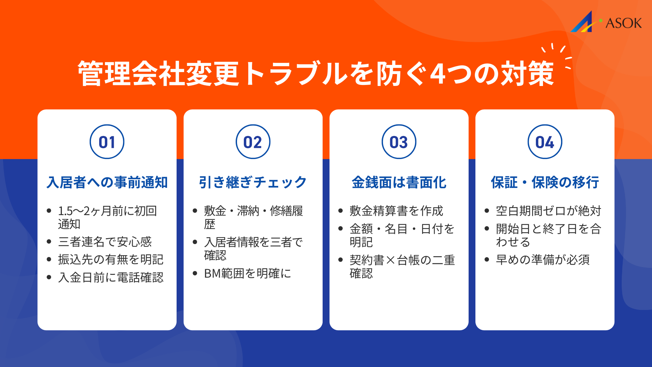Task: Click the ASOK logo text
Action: (x=623, y=23)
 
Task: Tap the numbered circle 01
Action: (x=107, y=142)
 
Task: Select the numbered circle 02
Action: (x=253, y=142)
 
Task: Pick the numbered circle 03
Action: (x=399, y=142)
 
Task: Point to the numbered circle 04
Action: (x=545, y=142)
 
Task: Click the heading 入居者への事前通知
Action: (x=107, y=182)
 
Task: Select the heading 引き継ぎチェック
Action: (x=253, y=182)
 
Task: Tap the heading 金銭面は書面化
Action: (x=399, y=182)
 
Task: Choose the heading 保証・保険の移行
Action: (x=545, y=182)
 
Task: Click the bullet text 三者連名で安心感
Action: (x=105, y=242)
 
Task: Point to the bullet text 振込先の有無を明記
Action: (x=111, y=260)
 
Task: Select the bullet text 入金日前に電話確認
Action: (x=111, y=278)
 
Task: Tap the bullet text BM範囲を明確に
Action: (x=248, y=274)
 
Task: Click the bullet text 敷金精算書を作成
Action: (x=396, y=211)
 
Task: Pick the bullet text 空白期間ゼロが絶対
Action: (x=548, y=211)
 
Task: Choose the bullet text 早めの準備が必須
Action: (x=543, y=260)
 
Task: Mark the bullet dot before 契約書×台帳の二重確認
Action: (x=341, y=260)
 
